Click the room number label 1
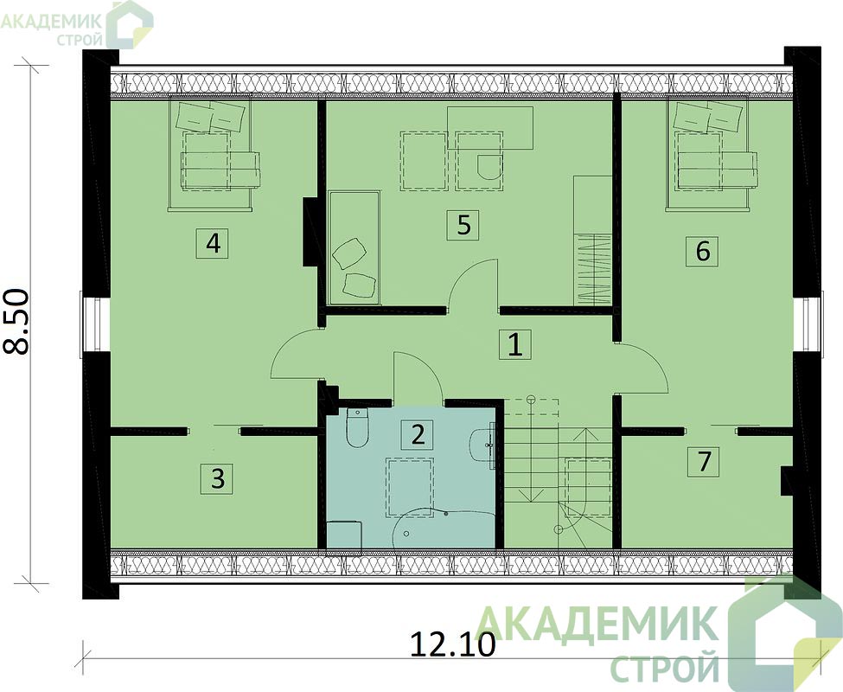(515, 344)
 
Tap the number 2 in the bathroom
(418, 434)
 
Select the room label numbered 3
(217, 478)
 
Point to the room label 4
(213, 244)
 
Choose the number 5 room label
(463, 225)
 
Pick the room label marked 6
(702, 251)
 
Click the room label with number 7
(703, 461)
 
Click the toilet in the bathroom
(357, 427)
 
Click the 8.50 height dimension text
(16, 321)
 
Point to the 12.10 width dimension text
(452, 644)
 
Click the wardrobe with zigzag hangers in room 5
(594, 269)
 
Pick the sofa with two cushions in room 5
(354, 247)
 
